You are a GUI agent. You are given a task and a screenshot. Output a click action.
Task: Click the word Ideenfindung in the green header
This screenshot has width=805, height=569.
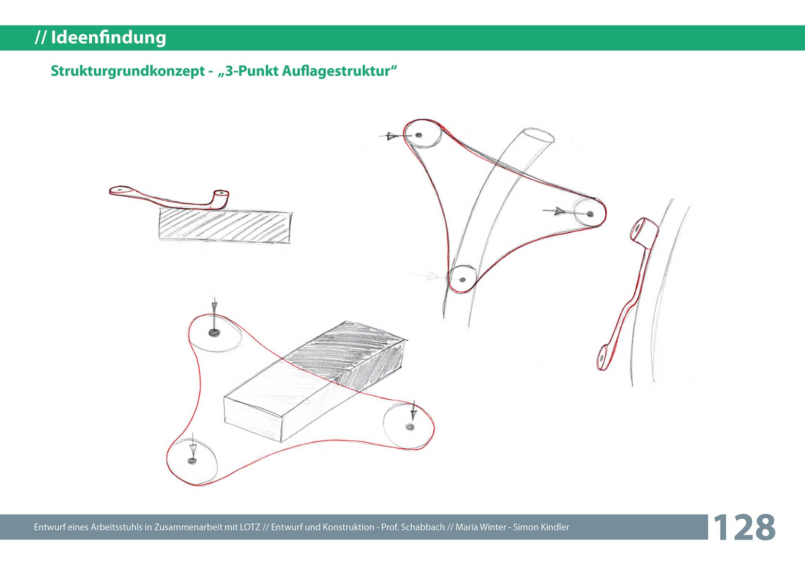[109, 38]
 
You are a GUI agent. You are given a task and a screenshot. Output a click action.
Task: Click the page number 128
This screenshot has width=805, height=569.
[744, 527]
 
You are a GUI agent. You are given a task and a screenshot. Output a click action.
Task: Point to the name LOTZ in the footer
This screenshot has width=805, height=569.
[250, 527]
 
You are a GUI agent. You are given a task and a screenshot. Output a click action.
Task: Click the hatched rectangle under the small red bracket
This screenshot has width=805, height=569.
[225, 226]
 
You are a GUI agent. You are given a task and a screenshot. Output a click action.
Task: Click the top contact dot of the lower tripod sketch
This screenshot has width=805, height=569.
[214, 333]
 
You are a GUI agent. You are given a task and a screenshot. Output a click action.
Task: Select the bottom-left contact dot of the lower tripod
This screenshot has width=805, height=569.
[192, 461]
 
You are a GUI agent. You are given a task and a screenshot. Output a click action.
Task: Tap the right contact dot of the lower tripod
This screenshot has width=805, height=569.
[410, 427]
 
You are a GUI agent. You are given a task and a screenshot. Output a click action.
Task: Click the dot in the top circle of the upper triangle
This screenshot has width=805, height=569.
[418, 135]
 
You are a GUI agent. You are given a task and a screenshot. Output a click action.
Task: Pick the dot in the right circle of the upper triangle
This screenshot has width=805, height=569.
[590, 214]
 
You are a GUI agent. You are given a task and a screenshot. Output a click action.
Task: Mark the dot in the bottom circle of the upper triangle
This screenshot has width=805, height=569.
[462, 279]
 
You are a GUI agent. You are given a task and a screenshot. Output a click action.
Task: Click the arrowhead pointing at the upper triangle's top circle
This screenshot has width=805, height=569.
[392, 136]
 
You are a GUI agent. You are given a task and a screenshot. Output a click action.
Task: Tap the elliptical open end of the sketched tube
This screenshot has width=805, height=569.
[538, 136]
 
